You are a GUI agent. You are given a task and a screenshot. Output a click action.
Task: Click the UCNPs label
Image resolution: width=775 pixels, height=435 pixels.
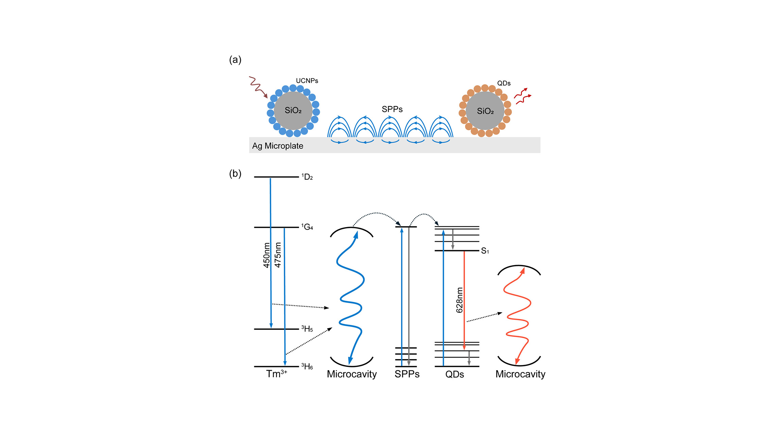pos(307,81)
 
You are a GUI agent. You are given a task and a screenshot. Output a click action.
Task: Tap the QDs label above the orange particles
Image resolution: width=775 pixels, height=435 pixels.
pos(504,83)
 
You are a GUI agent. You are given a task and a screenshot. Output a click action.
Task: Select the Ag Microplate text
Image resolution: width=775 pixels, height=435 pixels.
pos(277,146)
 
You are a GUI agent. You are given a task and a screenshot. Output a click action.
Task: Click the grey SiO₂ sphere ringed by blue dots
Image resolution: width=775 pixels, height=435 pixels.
pos(293,110)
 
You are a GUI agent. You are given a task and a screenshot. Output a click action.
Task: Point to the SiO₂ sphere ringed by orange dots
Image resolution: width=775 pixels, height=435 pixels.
pos(485,111)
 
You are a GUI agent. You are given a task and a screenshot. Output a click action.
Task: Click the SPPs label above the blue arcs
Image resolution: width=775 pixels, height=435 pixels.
pos(392,109)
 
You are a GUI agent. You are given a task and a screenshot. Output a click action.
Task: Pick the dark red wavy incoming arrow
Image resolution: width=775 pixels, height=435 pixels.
pos(258,87)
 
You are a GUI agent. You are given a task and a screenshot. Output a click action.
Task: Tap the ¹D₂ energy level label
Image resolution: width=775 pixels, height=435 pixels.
pos(307,177)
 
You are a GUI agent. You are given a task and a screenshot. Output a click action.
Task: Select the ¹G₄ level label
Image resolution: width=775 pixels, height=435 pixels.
pos(307,227)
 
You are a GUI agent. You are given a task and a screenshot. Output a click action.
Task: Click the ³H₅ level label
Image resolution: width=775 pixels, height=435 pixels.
pos(307,329)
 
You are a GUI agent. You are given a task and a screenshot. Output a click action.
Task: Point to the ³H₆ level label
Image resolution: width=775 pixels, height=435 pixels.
pos(307,366)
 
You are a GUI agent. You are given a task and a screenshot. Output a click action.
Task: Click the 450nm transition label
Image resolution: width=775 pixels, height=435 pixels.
pos(266,255)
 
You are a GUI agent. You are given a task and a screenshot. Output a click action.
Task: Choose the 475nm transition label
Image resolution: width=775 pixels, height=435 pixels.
pos(278,255)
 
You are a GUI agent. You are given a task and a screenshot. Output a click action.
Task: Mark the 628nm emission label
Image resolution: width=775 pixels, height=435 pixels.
pos(459,300)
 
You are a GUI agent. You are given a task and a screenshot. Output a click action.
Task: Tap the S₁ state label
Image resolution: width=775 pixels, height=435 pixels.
pos(485,251)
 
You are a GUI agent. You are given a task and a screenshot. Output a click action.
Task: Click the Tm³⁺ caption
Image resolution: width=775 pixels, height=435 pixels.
pos(276,374)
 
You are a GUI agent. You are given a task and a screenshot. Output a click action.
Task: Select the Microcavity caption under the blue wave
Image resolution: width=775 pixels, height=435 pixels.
pos(352,374)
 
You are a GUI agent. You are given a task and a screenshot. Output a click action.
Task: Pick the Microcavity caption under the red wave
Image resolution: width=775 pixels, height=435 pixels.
pos(520,374)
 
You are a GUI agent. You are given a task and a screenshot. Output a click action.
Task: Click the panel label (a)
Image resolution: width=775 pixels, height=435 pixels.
pos(235,60)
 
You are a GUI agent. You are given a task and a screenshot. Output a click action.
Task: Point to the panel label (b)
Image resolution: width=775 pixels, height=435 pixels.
pos(235,174)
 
